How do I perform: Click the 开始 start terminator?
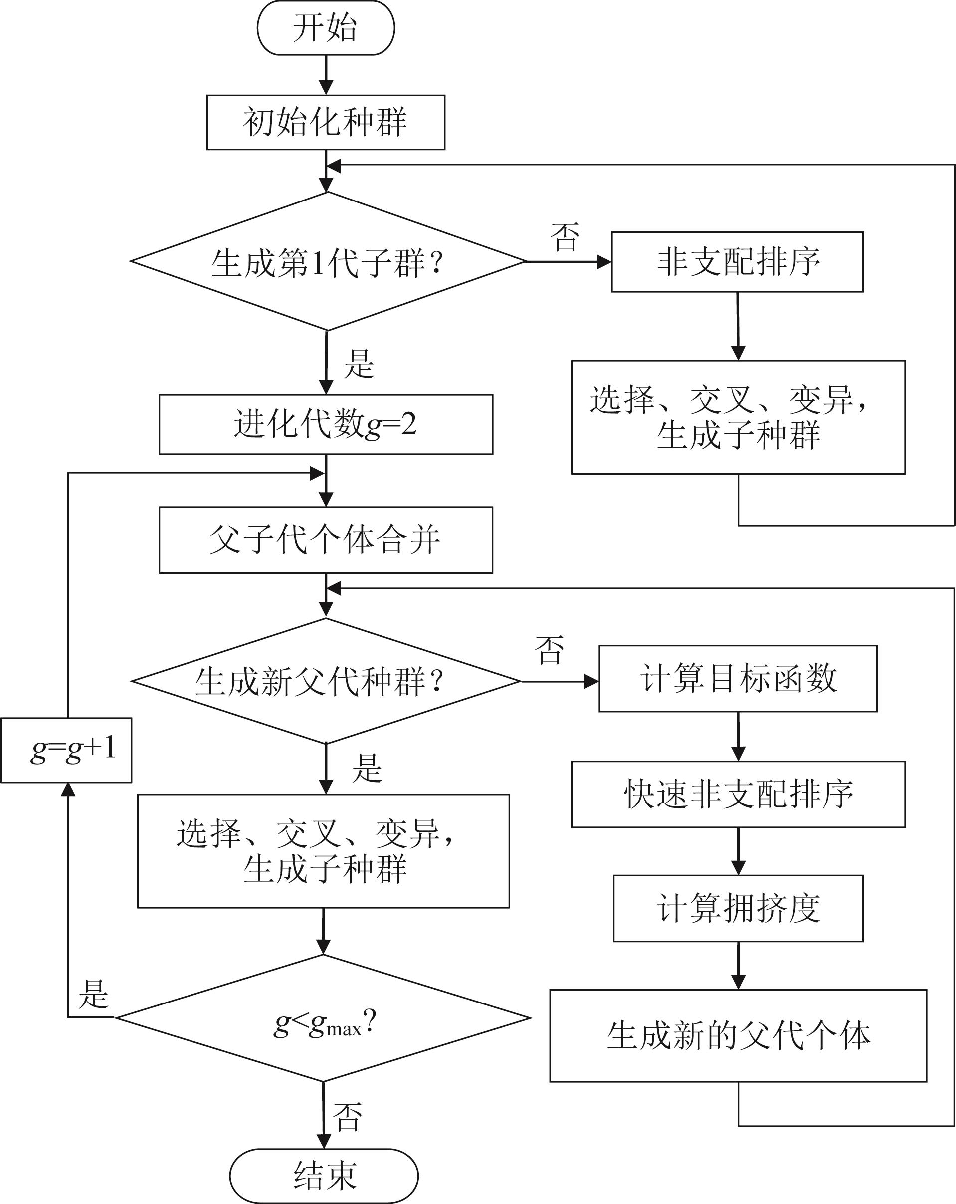[326, 28]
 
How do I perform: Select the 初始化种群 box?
[326, 122]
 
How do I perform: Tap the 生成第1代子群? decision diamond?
[327, 261]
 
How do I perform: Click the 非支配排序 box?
[737, 262]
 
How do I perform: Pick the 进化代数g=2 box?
[326, 424]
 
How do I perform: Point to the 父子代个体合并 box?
[326, 540]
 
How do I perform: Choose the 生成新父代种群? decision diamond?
[326, 681]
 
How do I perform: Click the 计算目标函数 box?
[738, 678]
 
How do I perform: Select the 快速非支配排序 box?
[738, 794]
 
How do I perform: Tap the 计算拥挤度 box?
[738, 909]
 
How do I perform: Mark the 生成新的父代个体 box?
[738, 1036]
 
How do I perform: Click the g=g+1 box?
[66, 750]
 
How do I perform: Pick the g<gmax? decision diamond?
[323, 1018]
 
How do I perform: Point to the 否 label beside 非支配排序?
[565, 237]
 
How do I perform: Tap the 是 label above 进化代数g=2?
[359, 364]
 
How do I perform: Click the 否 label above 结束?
[347, 1116]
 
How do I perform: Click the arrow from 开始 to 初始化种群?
[326, 75]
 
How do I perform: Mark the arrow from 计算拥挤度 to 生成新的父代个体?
[738, 966]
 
